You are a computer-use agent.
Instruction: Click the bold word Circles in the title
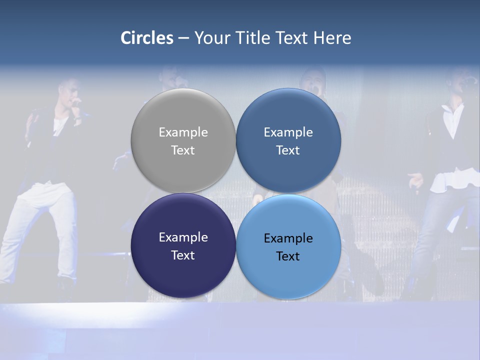click(147, 38)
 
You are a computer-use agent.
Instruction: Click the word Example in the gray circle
click(183, 132)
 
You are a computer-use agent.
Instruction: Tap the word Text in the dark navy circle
click(183, 255)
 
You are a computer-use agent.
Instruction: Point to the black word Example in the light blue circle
click(288, 238)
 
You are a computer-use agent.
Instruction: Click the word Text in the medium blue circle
click(288, 150)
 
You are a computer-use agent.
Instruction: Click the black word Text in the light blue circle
click(288, 256)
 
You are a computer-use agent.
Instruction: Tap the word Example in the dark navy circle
click(183, 237)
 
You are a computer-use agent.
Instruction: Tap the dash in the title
click(183, 38)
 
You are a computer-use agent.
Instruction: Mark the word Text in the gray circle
click(183, 150)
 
